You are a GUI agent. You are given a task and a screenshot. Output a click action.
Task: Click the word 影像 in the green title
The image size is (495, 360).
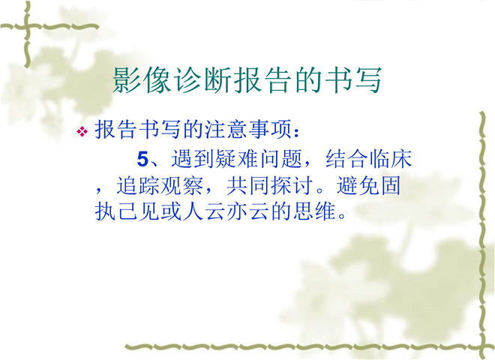[x=143, y=80]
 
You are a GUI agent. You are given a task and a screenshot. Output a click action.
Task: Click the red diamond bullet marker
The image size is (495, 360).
[x=82, y=131]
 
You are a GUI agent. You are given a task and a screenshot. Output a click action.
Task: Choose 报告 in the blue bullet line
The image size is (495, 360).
[x=116, y=130]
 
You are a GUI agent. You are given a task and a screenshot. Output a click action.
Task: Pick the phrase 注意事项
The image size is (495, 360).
[x=248, y=130]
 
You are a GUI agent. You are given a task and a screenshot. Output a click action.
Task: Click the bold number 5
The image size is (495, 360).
[x=142, y=159]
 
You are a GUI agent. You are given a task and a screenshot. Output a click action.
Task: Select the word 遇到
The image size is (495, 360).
[x=193, y=158]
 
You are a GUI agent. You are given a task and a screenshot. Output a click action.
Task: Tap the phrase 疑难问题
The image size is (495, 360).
[x=259, y=158]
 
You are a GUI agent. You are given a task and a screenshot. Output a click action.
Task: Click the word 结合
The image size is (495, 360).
[x=347, y=158]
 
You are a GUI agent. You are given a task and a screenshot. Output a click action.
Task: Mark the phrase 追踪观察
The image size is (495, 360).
[x=160, y=185]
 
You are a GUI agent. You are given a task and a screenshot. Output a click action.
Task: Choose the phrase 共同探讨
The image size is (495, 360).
[x=270, y=185]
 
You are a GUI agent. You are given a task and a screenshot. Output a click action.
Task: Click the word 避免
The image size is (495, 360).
[x=358, y=185]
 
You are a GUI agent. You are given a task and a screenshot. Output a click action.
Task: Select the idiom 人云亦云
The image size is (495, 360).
[x=226, y=211]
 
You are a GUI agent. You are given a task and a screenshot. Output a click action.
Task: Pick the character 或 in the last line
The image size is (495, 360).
[x=171, y=211]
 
